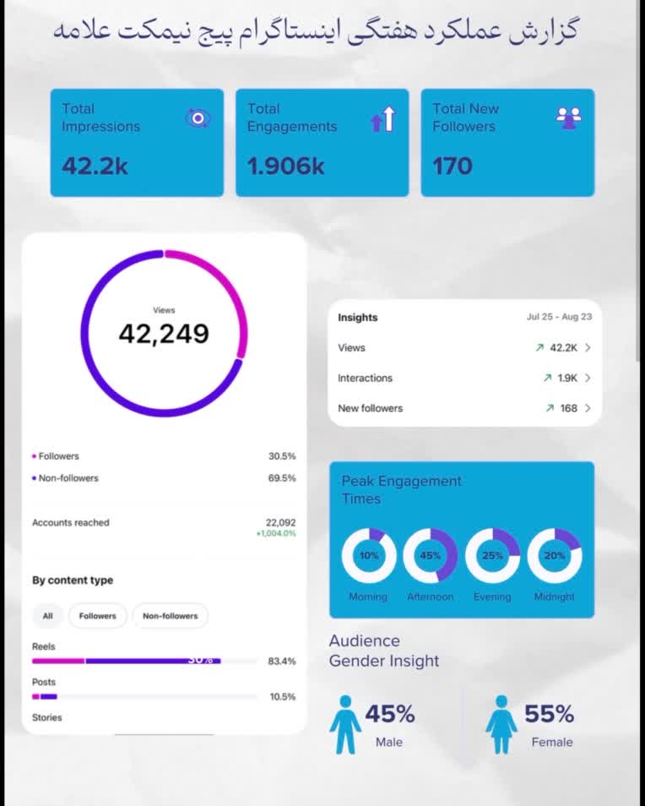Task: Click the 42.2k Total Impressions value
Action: [95, 166]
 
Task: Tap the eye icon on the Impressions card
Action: [198, 118]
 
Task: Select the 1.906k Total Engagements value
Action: [285, 166]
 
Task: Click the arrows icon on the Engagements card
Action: [383, 119]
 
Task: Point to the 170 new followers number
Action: [452, 166]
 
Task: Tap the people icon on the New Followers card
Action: [568, 118]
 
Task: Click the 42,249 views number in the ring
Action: [164, 334]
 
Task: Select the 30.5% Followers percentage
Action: [282, 456]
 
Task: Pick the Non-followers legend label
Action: [68, 478]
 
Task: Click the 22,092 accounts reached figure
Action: [280, 522]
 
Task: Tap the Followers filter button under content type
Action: [98, 616]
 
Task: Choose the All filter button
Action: [48, 616]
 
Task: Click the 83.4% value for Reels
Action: [282, 661]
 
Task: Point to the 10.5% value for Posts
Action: [283, 696]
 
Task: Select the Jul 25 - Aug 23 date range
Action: [559, 317]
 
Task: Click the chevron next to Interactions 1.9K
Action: [588, 378]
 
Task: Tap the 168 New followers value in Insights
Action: [569, 408]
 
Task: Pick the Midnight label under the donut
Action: [554, 596]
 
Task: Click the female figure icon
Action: [501, 724]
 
